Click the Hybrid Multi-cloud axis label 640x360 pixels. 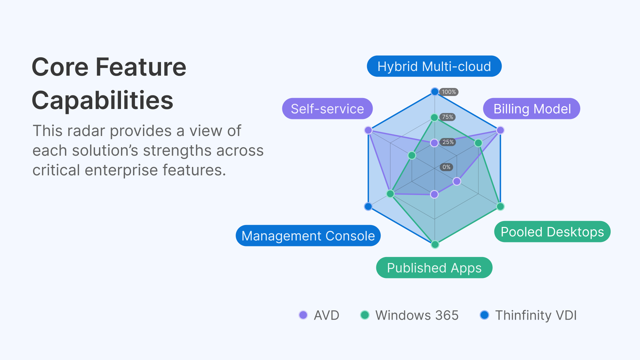434,66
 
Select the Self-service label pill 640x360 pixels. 327,109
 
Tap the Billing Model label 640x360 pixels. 532,109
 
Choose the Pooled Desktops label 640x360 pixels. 552,232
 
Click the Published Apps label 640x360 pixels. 434,268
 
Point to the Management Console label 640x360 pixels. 308,236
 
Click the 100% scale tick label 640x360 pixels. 449,92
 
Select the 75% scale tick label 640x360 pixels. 447,117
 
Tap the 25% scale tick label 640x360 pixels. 448,142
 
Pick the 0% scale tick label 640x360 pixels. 446,167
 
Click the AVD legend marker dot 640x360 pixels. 303,315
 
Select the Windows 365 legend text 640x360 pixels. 417,315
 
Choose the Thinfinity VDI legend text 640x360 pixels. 536,315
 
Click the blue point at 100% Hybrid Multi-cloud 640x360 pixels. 435,92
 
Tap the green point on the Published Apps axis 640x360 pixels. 435,245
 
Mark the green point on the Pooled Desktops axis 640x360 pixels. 500,206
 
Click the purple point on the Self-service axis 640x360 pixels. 368,130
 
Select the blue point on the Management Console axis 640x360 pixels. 368,206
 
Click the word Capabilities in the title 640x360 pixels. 102,100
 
